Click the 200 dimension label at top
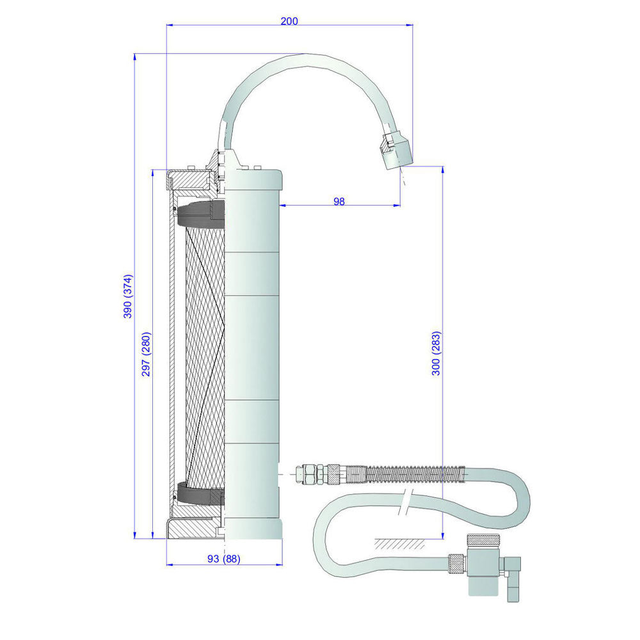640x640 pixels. [289, 20]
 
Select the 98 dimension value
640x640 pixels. [339, 201]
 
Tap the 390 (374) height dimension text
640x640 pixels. [127, 296]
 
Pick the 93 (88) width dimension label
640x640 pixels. [224, 559]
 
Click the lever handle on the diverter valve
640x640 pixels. [513, 576]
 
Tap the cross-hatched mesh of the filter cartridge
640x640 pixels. [204, 352]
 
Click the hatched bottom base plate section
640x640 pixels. [192, 528]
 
